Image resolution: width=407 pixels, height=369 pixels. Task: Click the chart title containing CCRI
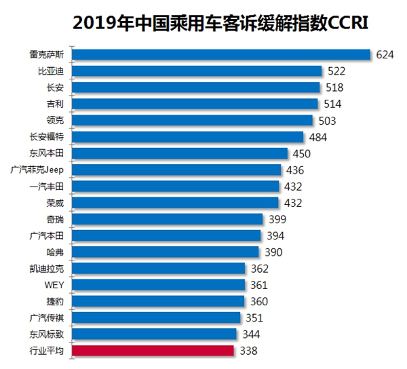(225, 24)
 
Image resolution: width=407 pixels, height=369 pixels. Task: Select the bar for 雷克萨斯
(220, 54)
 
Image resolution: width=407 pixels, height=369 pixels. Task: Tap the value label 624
(386, 54)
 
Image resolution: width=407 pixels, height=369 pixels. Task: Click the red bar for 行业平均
(153, 351)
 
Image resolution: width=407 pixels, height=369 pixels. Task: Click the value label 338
(248, 351)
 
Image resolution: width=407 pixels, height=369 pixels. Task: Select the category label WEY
(54, 285)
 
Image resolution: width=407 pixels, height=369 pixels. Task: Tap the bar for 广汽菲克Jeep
(176, 170)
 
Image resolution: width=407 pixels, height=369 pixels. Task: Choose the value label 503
(328, 120)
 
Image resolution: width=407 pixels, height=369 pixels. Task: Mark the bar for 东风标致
(154, 334)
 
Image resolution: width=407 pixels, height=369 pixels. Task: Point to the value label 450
(303, 153)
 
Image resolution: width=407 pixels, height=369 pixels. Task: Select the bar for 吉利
(195, 104)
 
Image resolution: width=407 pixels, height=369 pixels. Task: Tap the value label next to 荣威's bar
(292, 202)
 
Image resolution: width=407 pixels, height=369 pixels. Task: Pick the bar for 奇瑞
(167, 218)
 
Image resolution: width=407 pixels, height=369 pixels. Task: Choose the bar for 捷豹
(158, 301)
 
